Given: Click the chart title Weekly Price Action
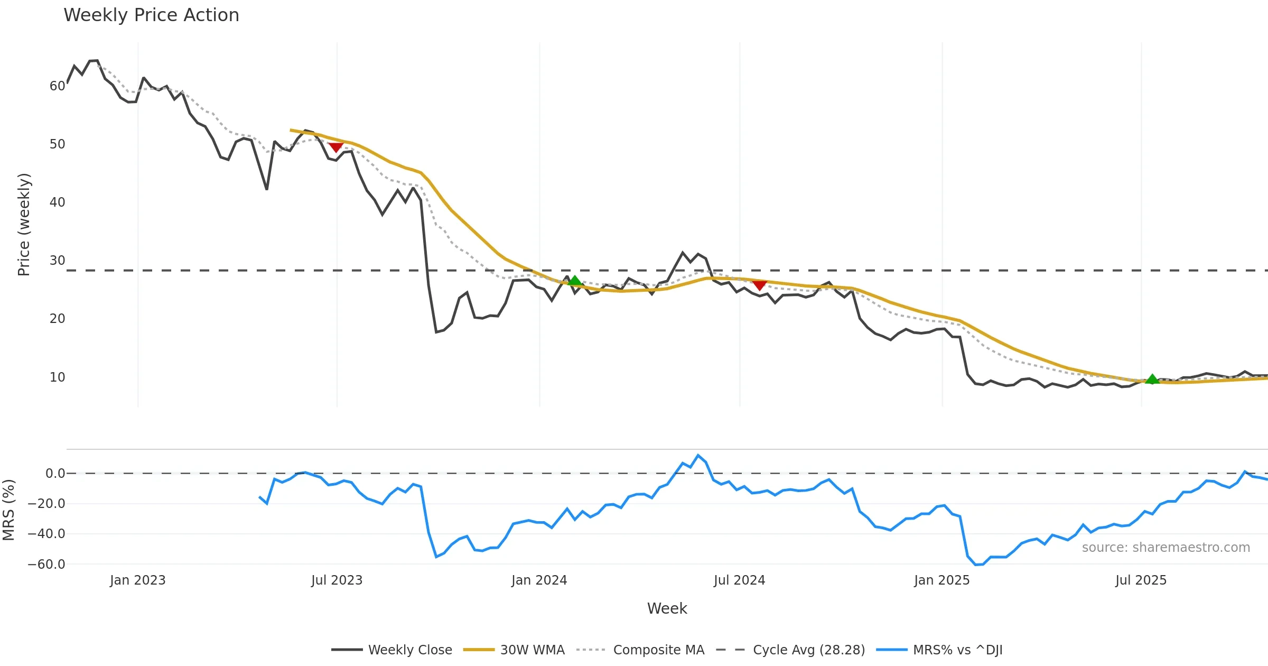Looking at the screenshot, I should click(x=151, y=15).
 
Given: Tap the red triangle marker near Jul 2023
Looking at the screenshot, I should click(x=335, y=147).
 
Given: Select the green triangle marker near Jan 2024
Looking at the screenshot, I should click(x=574, y=280).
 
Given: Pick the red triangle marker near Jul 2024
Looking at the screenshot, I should click(x=759, y=285).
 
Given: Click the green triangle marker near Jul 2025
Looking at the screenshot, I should click(x=1152, y=379).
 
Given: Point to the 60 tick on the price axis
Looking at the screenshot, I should click(x=57, y=86).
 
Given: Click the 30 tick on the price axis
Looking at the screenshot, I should click(x=57, y=261).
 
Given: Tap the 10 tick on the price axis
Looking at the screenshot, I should click(x=57, y=377).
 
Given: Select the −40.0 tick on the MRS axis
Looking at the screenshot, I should click(x=46, y=534).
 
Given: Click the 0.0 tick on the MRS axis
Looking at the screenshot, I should click(x=55, y=474).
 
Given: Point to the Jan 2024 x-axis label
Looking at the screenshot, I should click(x=539, y=580).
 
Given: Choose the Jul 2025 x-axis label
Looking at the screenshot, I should click(x=1141, y=580).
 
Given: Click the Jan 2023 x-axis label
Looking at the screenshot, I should click(x=137, y=580).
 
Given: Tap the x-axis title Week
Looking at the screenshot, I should click(x=667, y=609).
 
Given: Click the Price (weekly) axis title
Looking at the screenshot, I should click(x=24, y=225).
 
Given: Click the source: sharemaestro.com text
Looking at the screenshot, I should click(x=1166, y=548).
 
